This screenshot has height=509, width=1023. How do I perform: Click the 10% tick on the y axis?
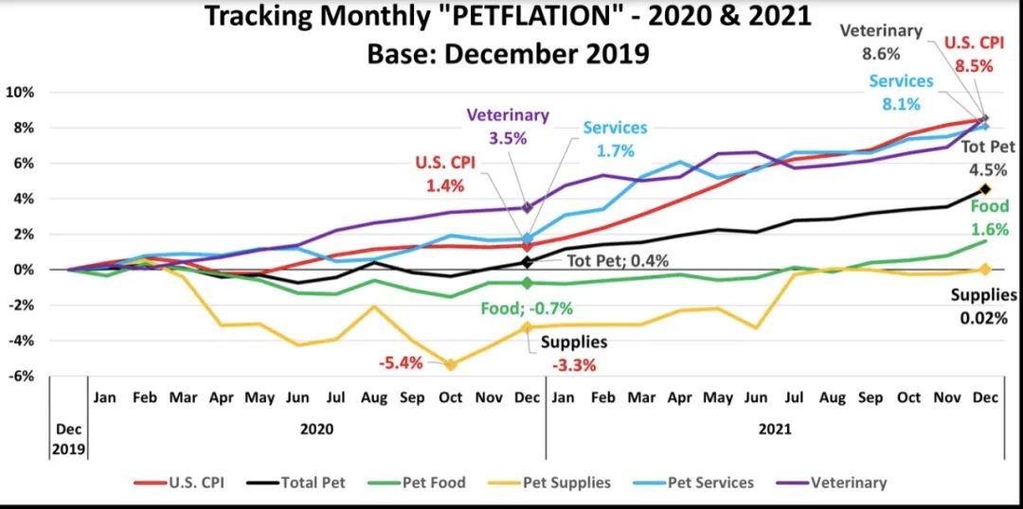20,93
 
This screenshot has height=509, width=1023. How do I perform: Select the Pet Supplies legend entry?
555,483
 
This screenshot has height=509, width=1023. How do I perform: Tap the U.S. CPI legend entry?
185,483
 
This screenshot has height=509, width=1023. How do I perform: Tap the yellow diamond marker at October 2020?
450,364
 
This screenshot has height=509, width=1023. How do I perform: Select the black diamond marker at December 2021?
984,189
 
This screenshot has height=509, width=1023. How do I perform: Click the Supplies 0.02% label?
984,307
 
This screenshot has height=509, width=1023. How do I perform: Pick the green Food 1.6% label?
989,217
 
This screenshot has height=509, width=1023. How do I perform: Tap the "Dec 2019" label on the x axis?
67,438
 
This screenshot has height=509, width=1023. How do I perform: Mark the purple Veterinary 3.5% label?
507,125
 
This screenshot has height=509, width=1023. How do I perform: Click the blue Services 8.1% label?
901,93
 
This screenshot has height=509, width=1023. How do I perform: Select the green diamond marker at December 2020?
527,283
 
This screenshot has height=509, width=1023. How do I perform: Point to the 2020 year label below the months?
316,429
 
